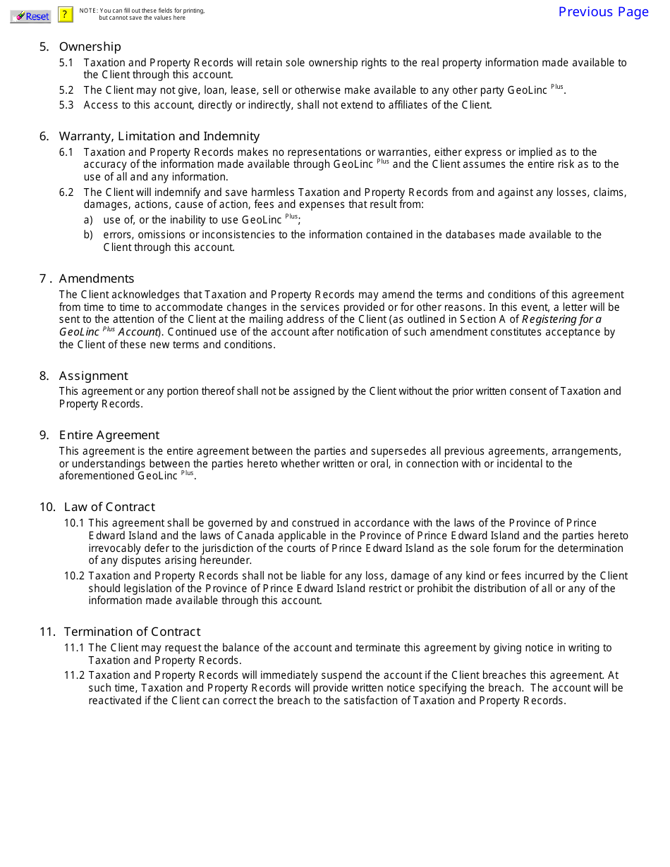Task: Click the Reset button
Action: tap(30, 16)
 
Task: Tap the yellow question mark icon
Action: tap(65, 14)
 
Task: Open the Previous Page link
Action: tap(603, 12)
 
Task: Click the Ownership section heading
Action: tap(90, 47)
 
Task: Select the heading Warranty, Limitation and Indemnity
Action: tap(159, 136)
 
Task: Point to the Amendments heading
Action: tap(96, 278)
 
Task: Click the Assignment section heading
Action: tap(93, 376)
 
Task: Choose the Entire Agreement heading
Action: tap(109, 435)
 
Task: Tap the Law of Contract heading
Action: tap(109, 507)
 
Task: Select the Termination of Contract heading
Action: tap(132, 632)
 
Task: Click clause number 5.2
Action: tap(66, 90)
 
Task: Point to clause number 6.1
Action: tap(66, 152)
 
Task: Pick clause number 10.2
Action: tap(74, 576)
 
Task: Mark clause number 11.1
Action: tap(74, 648)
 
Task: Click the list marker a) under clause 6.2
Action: tap(88, 220)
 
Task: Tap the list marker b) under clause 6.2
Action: tap(88, 235)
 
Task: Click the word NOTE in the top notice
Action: tap(88, 11)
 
